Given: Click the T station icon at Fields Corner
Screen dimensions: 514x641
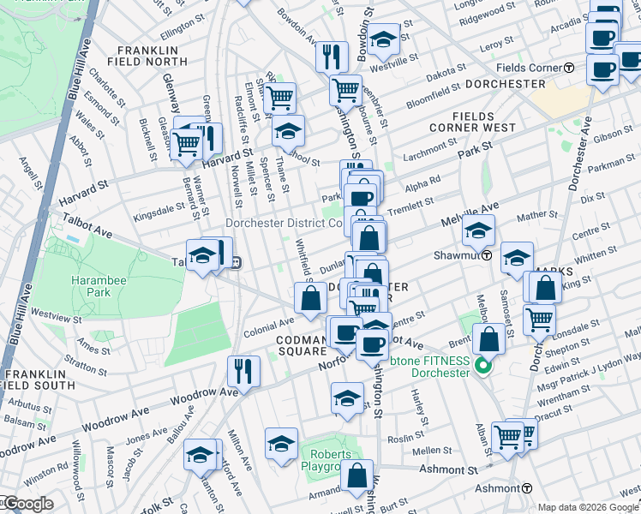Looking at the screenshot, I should coord(569,68).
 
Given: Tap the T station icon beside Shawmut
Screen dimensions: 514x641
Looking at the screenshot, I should coord(486,255).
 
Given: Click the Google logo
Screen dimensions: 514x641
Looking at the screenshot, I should coord(27,504).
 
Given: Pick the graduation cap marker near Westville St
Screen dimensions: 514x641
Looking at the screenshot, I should coord(385,39).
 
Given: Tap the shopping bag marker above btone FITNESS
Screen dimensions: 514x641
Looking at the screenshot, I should coord(488,338).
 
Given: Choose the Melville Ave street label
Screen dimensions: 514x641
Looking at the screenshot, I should coord(470,208).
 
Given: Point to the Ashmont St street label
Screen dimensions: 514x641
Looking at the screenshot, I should coord(448,470).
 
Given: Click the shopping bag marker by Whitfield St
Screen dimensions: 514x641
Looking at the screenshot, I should coord(311,299).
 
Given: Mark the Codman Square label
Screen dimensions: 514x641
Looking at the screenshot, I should coord(301,345).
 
